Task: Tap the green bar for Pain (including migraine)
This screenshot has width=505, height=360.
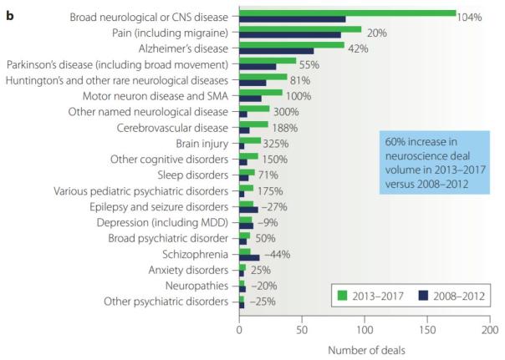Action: (x=300, y=28)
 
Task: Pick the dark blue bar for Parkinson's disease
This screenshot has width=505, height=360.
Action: (x=258, y=66)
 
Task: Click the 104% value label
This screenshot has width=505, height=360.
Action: (x=469, y=18)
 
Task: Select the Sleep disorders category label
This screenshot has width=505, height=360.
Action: (x=192, y=175)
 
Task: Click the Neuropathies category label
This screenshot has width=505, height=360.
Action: (x=198, y=285)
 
